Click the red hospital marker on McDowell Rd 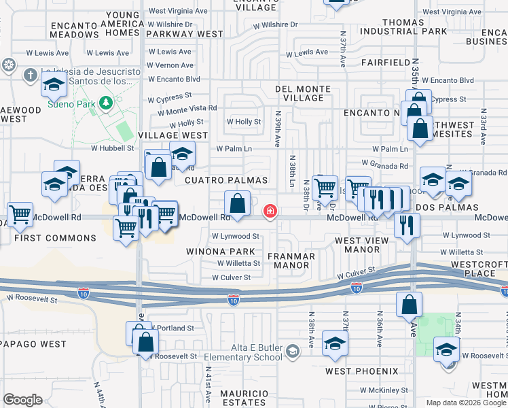point(270,211)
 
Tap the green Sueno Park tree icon point(105,103)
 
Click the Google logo point(22,400)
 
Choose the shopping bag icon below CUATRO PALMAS point(238,203)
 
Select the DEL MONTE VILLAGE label point(303,93)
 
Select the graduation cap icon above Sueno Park point(54,85)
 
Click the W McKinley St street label point(384,390)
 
